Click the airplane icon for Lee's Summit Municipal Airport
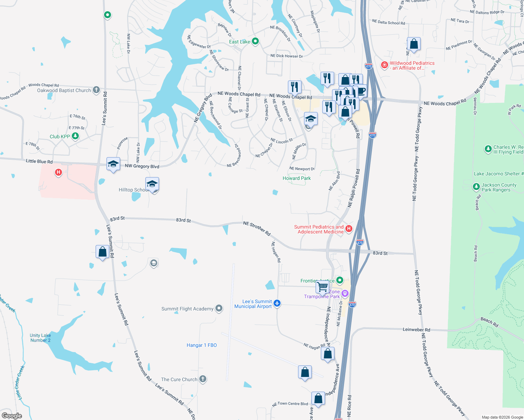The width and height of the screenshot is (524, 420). tap(277, 303)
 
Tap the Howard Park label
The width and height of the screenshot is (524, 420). tap(297, 178)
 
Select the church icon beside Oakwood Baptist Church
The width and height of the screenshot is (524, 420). tap(96, 90)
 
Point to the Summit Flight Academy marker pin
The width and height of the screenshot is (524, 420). tap(219, 308)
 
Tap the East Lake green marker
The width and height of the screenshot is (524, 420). tap(255, 41)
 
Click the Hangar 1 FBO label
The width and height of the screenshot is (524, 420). tap(202, 345)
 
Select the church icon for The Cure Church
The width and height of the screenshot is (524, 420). tap(203, 379)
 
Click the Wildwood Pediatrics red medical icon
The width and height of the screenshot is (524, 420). tap(385, 65)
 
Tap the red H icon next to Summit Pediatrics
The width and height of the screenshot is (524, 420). tap(349, 229)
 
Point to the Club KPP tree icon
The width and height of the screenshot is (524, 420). tap(75, 136)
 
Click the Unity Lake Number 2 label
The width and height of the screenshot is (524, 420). tap(40, 338)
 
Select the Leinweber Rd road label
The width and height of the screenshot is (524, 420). tap(416, 330)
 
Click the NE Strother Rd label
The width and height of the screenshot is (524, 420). tap(257, 228)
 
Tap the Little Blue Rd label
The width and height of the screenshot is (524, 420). tap(39, 161)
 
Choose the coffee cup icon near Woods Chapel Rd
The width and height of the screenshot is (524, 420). tap(361, 91)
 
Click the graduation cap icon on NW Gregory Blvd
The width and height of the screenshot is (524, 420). tap(113, 164)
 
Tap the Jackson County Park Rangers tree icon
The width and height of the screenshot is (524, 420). tap(476, 187)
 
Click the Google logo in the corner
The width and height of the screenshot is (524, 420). tap(12, 415)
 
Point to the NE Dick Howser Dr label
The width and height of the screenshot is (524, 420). tap(287, 56)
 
